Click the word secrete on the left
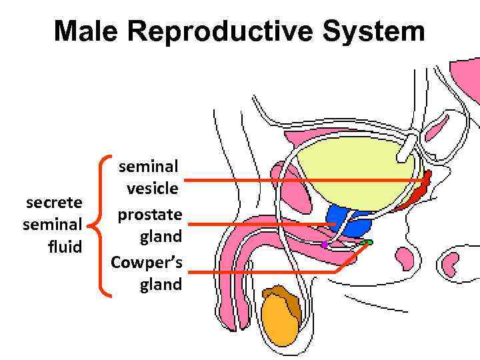pos(53,202)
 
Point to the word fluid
pos(65,247)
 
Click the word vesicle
pos(152,189)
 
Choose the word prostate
pos(150,214)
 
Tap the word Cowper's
pos(147,261)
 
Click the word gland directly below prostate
pos(161,237)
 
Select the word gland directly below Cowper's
pos(161,285)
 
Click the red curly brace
pos(104,225)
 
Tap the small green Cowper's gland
pos(366,243)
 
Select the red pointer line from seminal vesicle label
pos(300,180)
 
